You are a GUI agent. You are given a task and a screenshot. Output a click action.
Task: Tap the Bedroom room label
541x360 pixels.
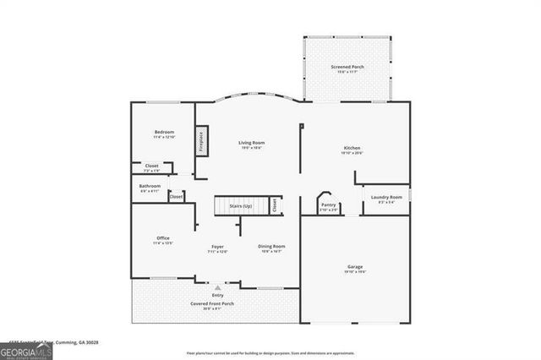point(164,133)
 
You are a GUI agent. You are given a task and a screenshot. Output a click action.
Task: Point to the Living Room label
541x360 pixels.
point(251,144)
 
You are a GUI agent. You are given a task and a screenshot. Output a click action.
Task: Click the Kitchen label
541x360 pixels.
point(352,148)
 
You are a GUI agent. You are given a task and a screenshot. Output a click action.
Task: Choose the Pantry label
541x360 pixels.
point(329,205)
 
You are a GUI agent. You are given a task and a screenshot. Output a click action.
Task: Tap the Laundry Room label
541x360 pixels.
point(382,198)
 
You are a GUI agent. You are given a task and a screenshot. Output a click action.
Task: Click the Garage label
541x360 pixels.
point(355,267)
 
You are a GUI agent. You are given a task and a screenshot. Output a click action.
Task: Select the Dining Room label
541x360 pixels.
point(271,247)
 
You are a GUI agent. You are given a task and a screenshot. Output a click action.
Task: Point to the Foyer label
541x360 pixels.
point(217,247)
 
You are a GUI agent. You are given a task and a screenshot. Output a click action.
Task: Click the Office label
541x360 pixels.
point(163,238)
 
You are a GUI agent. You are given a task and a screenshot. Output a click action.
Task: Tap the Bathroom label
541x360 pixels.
point(150,186)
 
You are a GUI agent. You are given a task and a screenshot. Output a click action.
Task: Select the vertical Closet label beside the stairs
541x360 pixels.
point(275,205)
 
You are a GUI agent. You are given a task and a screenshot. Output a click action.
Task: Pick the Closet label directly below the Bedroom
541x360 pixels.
point(151,166)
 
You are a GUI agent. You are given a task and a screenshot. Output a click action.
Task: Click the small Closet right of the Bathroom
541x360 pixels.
point(176,196)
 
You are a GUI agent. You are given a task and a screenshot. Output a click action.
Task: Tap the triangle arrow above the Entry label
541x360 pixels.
point(217,288)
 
